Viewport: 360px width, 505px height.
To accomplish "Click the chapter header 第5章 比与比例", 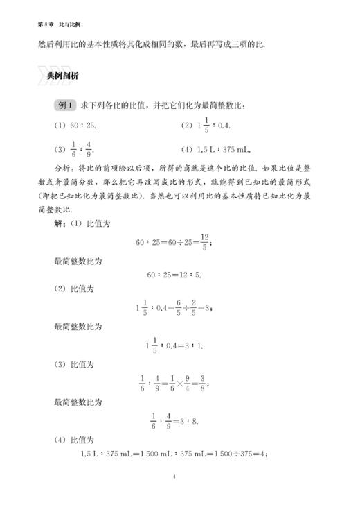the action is point(55,24).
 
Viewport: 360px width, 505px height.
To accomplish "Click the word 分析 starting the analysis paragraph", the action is point(62,169).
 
